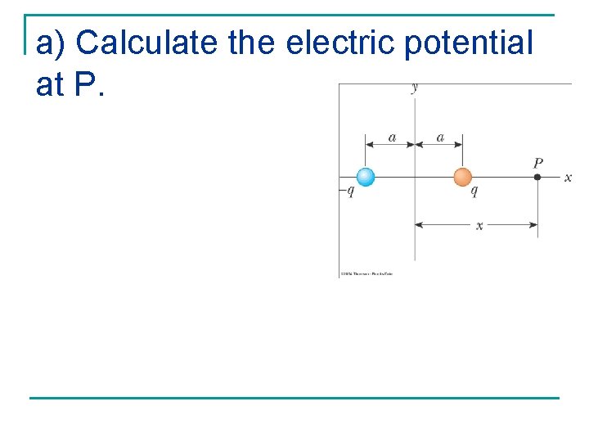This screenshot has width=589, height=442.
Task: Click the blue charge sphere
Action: (x=366, y=177)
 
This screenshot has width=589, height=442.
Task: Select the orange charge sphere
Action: (x=463, y=177)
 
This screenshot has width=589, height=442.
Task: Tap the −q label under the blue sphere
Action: (x=347, y=192)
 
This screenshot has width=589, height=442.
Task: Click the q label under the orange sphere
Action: (x=474, y=192)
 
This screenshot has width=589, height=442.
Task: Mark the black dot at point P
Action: (x=537, y=177)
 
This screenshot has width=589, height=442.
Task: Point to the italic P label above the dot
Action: (x=537, y=163)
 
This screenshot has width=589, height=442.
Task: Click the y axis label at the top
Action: (x=416, y=87)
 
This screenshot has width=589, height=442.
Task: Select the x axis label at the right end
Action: (x=568, y=178)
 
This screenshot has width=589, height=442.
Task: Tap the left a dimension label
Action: (x=391, y=138)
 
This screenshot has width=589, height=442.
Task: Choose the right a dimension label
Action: (x=440, y=138)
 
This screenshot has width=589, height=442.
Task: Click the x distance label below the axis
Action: (x=479, y=226)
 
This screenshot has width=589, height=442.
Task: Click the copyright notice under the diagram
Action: (x=366, y=273)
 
